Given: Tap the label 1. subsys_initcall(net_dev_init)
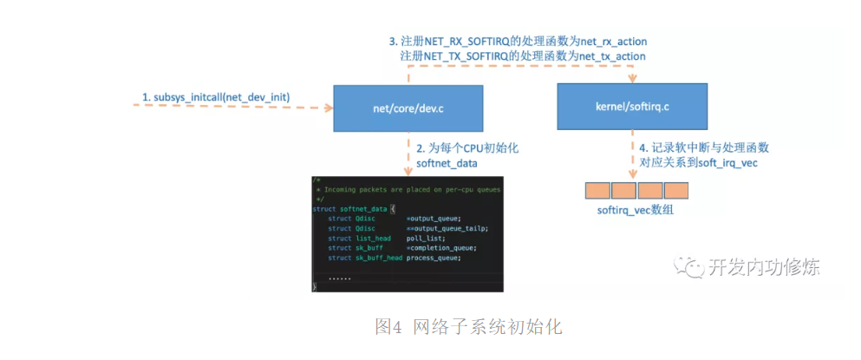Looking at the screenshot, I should click(x=216, y=95).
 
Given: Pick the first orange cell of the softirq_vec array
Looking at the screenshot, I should click(x=597, y=191).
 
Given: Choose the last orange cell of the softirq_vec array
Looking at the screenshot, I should click(x=675, y=191).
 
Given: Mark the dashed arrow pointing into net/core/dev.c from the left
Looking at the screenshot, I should click(x=234, y=108).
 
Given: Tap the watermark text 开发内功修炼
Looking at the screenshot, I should click(x=763, y=267).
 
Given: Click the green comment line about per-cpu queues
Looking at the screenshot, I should click(x=408, y=188).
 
